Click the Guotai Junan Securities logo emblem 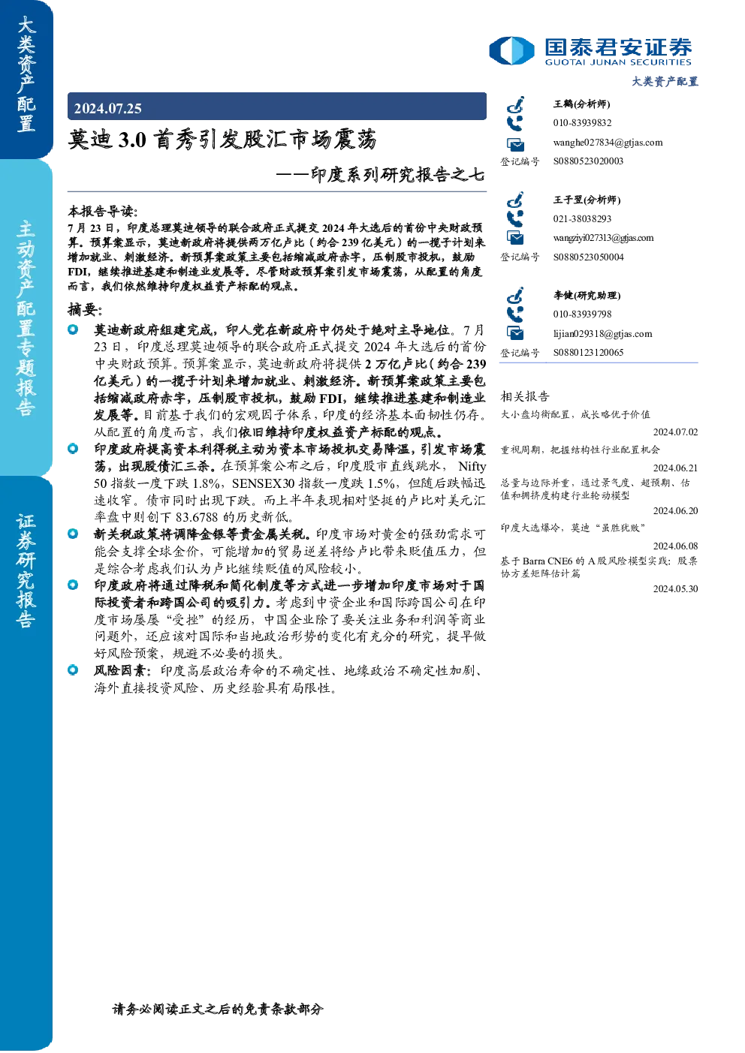tap(511, 50)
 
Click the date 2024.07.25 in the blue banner tap(107, 109)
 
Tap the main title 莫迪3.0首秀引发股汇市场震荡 tap(222, 140)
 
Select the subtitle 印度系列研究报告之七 tap(397, 175)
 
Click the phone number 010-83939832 tap(582, 122)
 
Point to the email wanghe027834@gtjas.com tap(608, 143)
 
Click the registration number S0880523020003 tap(588, 161)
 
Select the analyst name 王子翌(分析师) tap(587, 200)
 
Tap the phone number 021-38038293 tap(582, 218)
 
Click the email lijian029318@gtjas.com tap(602, 334)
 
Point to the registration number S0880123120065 tap(588, 353)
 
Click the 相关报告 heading tap(524, 396)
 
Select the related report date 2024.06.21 tap(675, 468)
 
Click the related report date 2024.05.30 tap(675, 589)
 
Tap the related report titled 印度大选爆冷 tap(572, 528)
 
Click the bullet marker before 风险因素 tap(73, 670)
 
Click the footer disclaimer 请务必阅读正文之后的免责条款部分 tap(218, 1009)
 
